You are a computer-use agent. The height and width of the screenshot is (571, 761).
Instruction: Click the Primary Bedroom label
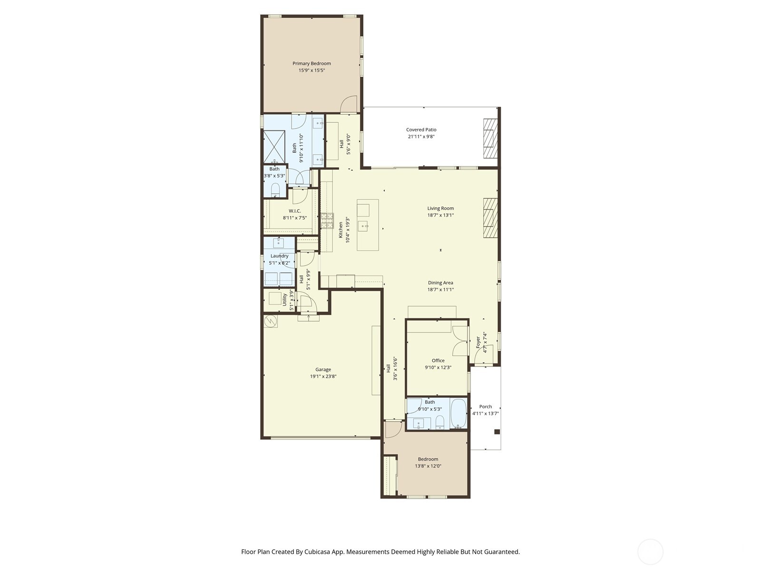pyautogui.click(x=312, y=63)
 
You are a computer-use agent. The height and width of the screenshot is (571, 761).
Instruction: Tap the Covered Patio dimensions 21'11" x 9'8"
pyautogui.click(x=421, y=137)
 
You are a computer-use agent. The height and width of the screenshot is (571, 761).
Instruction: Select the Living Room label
pyautogui.click(x=440, y=208)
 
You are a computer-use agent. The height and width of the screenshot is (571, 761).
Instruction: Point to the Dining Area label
pyautogui.click(x=440, y=283)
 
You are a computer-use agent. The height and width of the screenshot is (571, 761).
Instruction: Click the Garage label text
pyautogui.click(x=323, y=369)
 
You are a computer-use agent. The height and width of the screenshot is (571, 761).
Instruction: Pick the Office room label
pyautogui.click(x=438, y=361)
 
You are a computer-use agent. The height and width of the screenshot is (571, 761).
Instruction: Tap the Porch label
pyautogui.click(x=486, y=406)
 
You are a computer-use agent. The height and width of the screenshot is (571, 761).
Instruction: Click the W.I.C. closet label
pyautogui.click(x=295, y=211)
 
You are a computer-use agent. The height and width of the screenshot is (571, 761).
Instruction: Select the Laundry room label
pyautogui.click(x=279, y=256)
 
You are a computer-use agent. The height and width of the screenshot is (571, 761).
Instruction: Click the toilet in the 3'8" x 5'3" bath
pyautogui.click(x=275, y=191)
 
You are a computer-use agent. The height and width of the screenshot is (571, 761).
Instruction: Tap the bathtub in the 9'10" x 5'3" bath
pyautogui.click(x=459, y=413)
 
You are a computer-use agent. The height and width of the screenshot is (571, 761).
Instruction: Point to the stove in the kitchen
pyautogui.click(x=327, y=221)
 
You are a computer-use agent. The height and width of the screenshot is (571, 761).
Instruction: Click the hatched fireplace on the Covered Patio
pyautogui.click(x=490, y=138)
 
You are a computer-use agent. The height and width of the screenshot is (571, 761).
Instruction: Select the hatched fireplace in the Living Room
pyautogui.click(x=490, y=217)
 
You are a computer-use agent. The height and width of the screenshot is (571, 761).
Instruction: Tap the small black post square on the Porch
pyautogui.click(x=497, y=432)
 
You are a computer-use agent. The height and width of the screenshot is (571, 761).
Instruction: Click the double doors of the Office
pyautogui.click(x=460, y=341)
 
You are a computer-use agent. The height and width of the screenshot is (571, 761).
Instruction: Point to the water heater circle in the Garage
pyautogui.click(x=271, y=321)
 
